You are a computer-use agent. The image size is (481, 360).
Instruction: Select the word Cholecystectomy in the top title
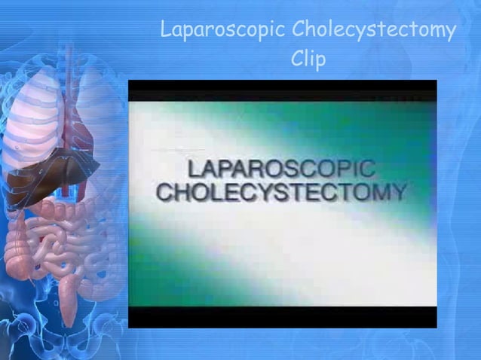click(374, 31)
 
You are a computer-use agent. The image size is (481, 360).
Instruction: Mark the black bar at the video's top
click(282, 90)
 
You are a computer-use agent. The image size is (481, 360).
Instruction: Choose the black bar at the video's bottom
click(282, 317)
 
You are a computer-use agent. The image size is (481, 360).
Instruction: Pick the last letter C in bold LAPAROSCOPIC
click(366, 169)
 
